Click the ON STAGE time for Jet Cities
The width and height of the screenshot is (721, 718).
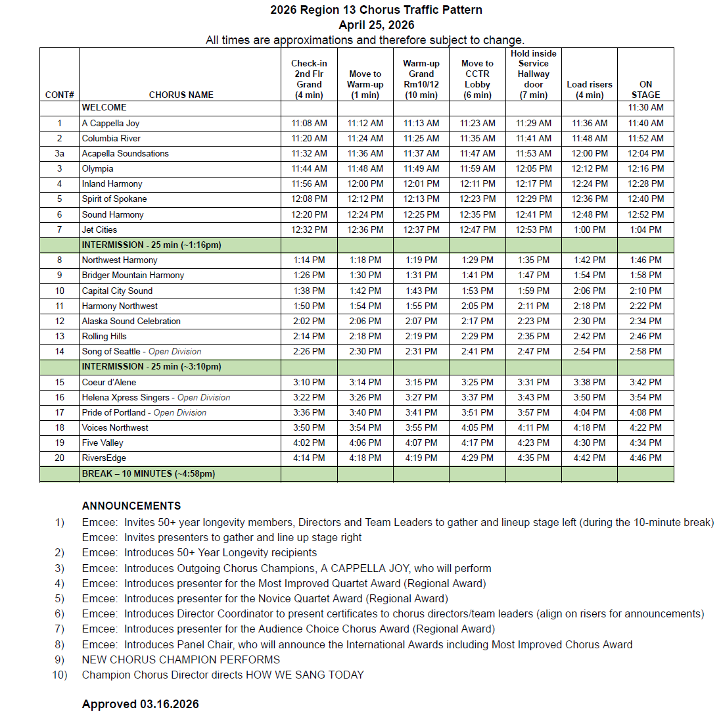click(x=645, y=230)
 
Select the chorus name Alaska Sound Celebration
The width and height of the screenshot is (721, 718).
click(x=131, y=322)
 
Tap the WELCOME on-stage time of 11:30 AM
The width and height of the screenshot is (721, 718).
click(x=645, y=108)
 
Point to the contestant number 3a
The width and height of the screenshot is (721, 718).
click(x=59, y=154)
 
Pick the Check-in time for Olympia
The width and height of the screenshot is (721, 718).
click(x=309, y=169)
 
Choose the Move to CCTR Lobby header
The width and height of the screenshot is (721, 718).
click(x=477, y=79)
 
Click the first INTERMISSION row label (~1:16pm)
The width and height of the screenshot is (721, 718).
click(x=151, y=245)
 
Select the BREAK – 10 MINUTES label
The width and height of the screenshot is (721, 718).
click(x=148, y=474)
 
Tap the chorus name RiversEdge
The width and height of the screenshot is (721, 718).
click(x=104, y=458)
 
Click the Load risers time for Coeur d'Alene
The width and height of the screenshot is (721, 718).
click(x=590, y=383)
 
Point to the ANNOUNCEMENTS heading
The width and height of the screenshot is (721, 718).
click(x=131, y=506)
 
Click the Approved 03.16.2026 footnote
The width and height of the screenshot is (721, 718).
click(x=140, y=704)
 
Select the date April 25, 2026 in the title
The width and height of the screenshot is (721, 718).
click(x=377, y=25)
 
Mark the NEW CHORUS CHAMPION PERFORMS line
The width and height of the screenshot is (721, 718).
click(x=181, y=659)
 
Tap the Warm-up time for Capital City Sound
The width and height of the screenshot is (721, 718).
click(x=421, y=291)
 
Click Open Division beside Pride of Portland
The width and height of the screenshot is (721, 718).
click(x=179, y=413)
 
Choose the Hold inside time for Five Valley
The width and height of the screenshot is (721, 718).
click(x=534, y=443)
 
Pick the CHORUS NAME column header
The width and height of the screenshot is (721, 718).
click(x=181, y=95)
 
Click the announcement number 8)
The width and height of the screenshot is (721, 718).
click(x=60, y=644)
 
